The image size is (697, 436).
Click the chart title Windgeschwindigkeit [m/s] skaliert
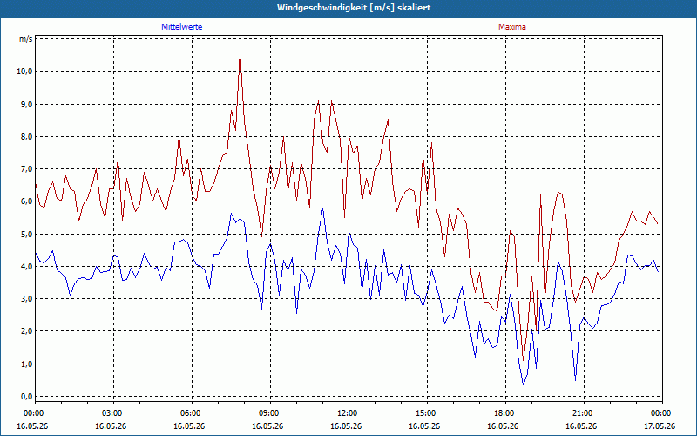coord(354,8)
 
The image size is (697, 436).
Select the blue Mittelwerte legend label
coord(182,27)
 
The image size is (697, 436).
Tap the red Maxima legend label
coord(512,27)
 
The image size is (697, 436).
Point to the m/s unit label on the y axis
coord(26,39)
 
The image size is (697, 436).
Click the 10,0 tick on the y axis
coord(24,72)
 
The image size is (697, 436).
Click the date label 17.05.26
coord(660,426)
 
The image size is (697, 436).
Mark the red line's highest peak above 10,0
coord(240,52)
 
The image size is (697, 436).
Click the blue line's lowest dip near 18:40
coord(524,385)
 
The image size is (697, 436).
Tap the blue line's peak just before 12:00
coord(322,208)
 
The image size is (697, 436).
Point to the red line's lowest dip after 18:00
coord(524,360)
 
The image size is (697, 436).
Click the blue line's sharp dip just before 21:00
coord(575,380)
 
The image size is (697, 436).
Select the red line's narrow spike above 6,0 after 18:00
coord(540,194)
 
